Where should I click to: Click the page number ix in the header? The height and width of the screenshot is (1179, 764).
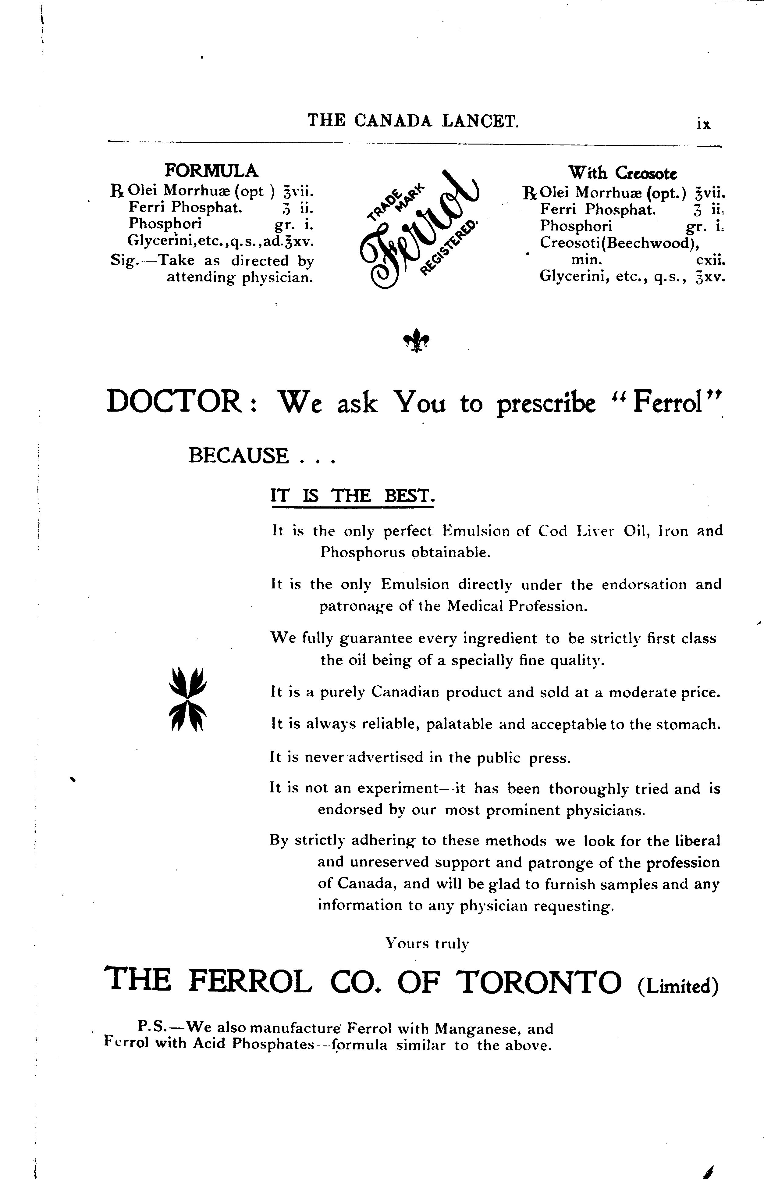(x=703, y=124)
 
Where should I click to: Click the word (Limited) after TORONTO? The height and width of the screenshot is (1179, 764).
(x=678, y=986)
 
